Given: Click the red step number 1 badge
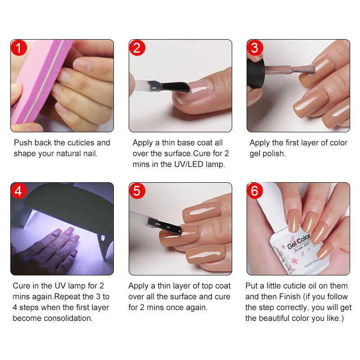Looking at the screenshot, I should pyautogui.click(x=19, y=48).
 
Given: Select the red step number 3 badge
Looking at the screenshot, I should pyautogui.click(x=255, y=48).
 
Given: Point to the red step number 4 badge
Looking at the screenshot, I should pyautogui.click(x=19, y=191).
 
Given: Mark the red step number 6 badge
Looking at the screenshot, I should pyautogui.click(x=255, y=191).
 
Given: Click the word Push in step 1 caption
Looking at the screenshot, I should pyautogui.click(x=23, y=143).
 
